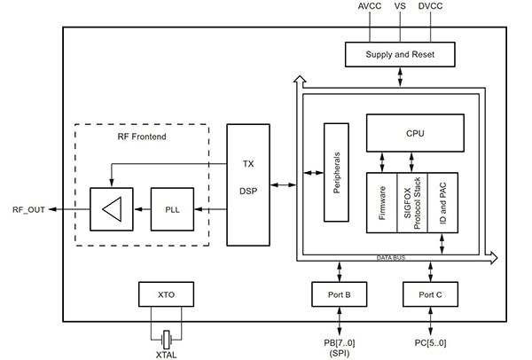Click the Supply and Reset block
click(400, 55)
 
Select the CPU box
click(413, 133)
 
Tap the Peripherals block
click(335, 171)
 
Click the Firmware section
click(381, 203)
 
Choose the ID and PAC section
click(442, 203)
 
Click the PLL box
click(173, 208)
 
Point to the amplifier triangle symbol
click(111, 208)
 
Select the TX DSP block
click(248, 184)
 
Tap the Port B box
click(340, 294)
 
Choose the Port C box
click(431, 294)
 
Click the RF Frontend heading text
click(142, 137)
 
